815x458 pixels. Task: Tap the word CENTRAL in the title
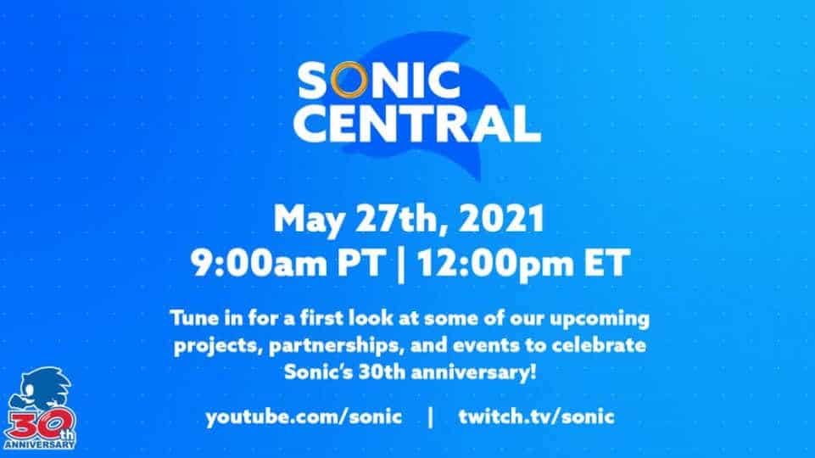(417, 124)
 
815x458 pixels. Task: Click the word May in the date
(308, 220)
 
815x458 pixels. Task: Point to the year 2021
(501, 218)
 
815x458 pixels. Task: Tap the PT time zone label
(362, 263)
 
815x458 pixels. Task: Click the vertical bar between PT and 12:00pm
(401, 265)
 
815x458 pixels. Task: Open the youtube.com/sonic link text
(304, 417)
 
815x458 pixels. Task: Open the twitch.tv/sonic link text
(536, 416)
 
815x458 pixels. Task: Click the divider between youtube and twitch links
(430, 417)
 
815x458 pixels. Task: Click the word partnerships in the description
(337, 346)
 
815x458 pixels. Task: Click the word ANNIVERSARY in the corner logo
(40, 444)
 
